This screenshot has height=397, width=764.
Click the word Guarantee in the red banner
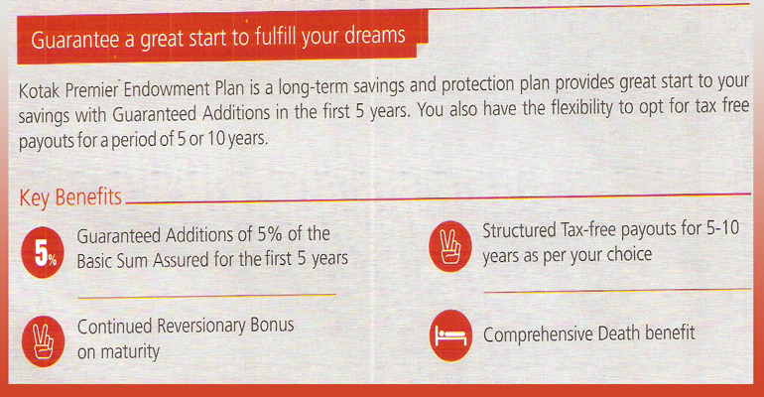tap(75, 40)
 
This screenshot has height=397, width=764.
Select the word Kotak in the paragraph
tap(39, 90)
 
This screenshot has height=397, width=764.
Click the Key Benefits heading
tap(70, 198)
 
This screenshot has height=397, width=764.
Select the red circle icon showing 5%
tap(43, 252)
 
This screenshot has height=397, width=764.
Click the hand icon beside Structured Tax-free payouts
tap(450, 246)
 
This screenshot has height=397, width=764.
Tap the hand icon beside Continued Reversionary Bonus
tap(43, 341)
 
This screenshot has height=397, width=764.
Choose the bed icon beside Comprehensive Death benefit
tap(450, 335)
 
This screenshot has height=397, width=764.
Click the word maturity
tap(130, 351)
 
